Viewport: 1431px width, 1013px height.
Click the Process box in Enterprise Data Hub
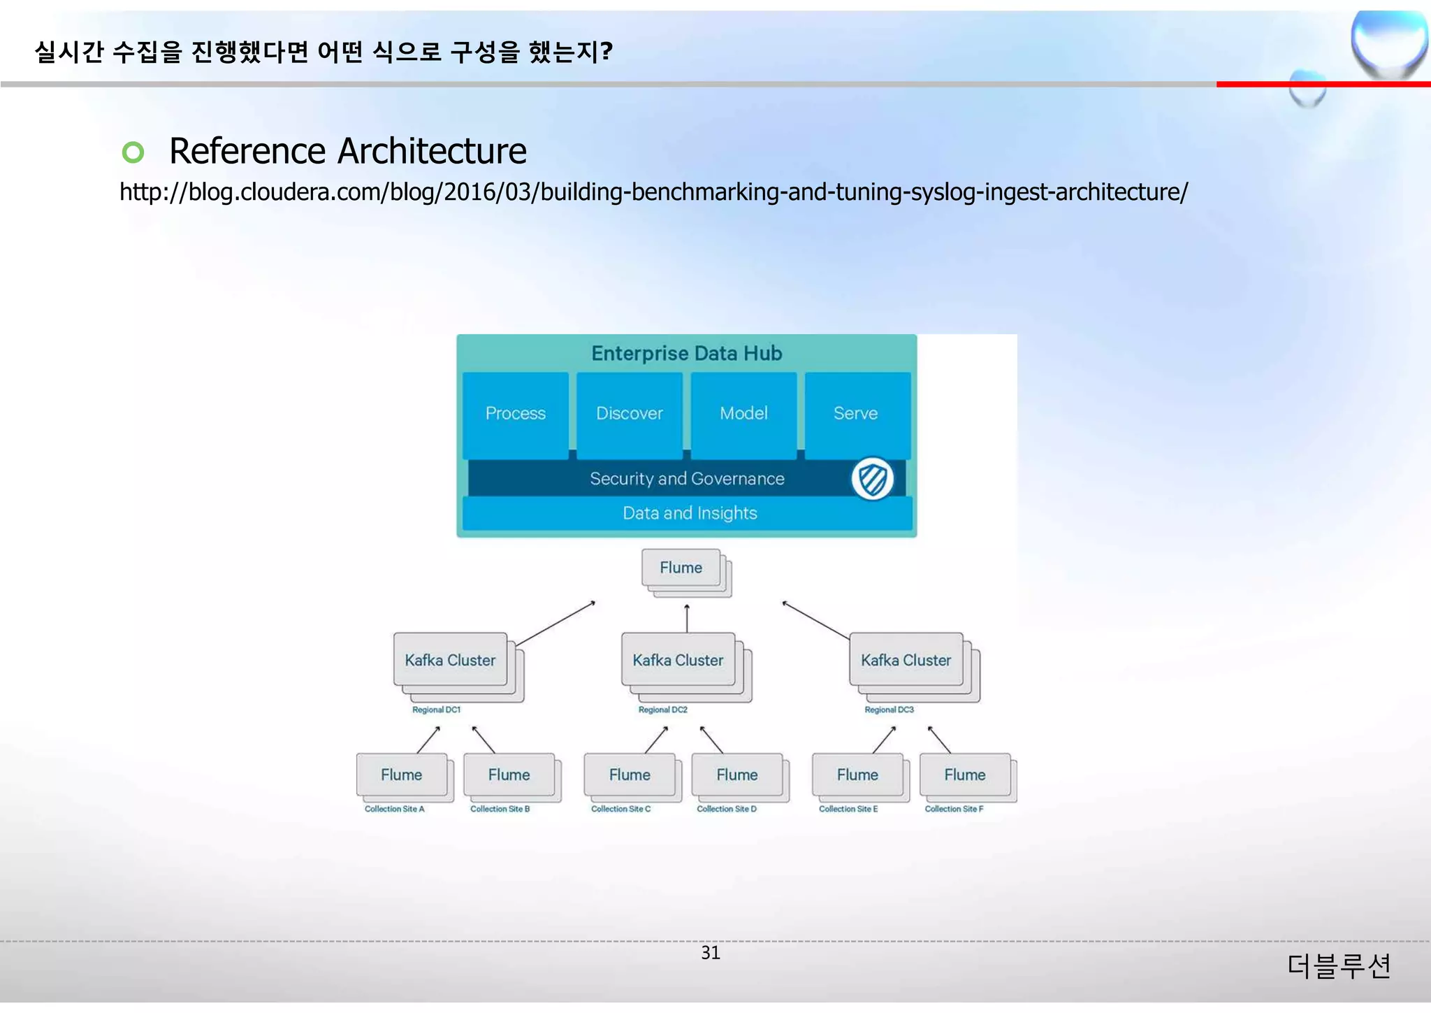click(515, 414)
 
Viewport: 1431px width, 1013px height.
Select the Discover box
click(629, 414)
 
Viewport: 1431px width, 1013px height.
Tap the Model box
click(743, 414)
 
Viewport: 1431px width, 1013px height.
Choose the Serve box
click(856, 414)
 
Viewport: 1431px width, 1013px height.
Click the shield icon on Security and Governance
click(872, 480)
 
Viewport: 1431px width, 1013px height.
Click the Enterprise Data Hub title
click(686, 354)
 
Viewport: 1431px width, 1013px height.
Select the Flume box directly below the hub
click(681, 568)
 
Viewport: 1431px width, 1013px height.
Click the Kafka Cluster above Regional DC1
click(450, 661)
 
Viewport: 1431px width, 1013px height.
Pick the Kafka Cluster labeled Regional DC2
click(678, 661)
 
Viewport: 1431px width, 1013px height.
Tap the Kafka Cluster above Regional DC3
click(906, 661)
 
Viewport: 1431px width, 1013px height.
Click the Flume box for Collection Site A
click(401, 775)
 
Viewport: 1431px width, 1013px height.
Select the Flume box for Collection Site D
click(736, 775)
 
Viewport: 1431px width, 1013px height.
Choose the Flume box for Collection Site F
click(964, 775)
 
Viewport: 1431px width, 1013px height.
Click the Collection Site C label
click(620, 810)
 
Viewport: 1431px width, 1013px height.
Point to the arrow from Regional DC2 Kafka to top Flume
click(687, 619)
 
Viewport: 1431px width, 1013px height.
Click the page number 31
click(710, 954)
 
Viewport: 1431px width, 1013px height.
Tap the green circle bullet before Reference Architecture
click(133, 152)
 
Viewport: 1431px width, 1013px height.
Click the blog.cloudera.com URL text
click(653, 192)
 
